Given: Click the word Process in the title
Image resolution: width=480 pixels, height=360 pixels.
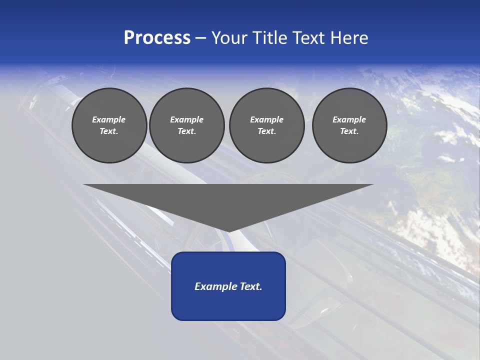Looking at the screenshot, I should click(x=157, y=38).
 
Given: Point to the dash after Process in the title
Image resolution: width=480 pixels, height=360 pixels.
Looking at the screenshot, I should click(x=201, y=38).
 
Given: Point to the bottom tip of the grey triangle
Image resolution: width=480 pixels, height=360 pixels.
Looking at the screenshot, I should click(x=228, y=231).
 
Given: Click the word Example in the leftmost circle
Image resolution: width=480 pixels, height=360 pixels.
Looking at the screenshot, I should click(x=109, y=119).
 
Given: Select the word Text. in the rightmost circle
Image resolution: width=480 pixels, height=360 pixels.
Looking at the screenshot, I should click(x=349, y=131).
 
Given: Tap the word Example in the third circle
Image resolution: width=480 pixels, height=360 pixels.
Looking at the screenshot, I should click(x=266, y=119).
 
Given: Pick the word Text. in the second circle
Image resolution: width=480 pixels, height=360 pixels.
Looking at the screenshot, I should click(x=187, y=131).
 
